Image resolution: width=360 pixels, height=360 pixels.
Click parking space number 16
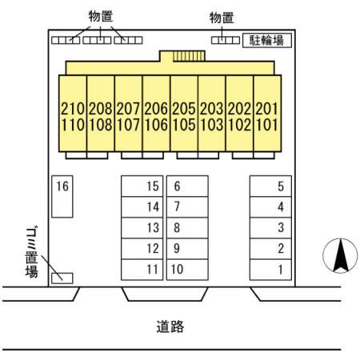pos(62,197)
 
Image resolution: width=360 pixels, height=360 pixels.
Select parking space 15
pos(142,186)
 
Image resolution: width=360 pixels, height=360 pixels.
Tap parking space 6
pos(187,186)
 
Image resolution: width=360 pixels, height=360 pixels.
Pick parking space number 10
pos(187,270)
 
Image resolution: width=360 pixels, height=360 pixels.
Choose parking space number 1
pos(270,270)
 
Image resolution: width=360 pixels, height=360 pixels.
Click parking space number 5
pos(270,186)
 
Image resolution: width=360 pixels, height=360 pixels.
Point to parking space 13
pos(142,228)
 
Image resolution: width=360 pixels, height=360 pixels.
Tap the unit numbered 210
pos(73,109)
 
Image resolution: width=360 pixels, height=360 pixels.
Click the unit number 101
pos(267,125)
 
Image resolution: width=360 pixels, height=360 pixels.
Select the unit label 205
pos(184,109)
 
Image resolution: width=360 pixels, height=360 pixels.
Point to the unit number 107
pos(128,125)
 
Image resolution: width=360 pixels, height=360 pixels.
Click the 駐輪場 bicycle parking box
pos(267,41)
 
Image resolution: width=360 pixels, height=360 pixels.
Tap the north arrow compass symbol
pos(340,255)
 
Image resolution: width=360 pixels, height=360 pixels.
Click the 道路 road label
pos(170,326)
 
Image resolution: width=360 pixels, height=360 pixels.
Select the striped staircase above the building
pos(189,56)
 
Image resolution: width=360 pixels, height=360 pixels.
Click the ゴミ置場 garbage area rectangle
pos(62,278)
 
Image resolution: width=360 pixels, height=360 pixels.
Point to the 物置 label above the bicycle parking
pos(222,18)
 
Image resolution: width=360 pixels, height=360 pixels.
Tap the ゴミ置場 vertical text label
pos(31,252)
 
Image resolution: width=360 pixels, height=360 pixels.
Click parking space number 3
pos(270,228)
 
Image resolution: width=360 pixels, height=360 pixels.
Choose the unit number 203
pos(212,109)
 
